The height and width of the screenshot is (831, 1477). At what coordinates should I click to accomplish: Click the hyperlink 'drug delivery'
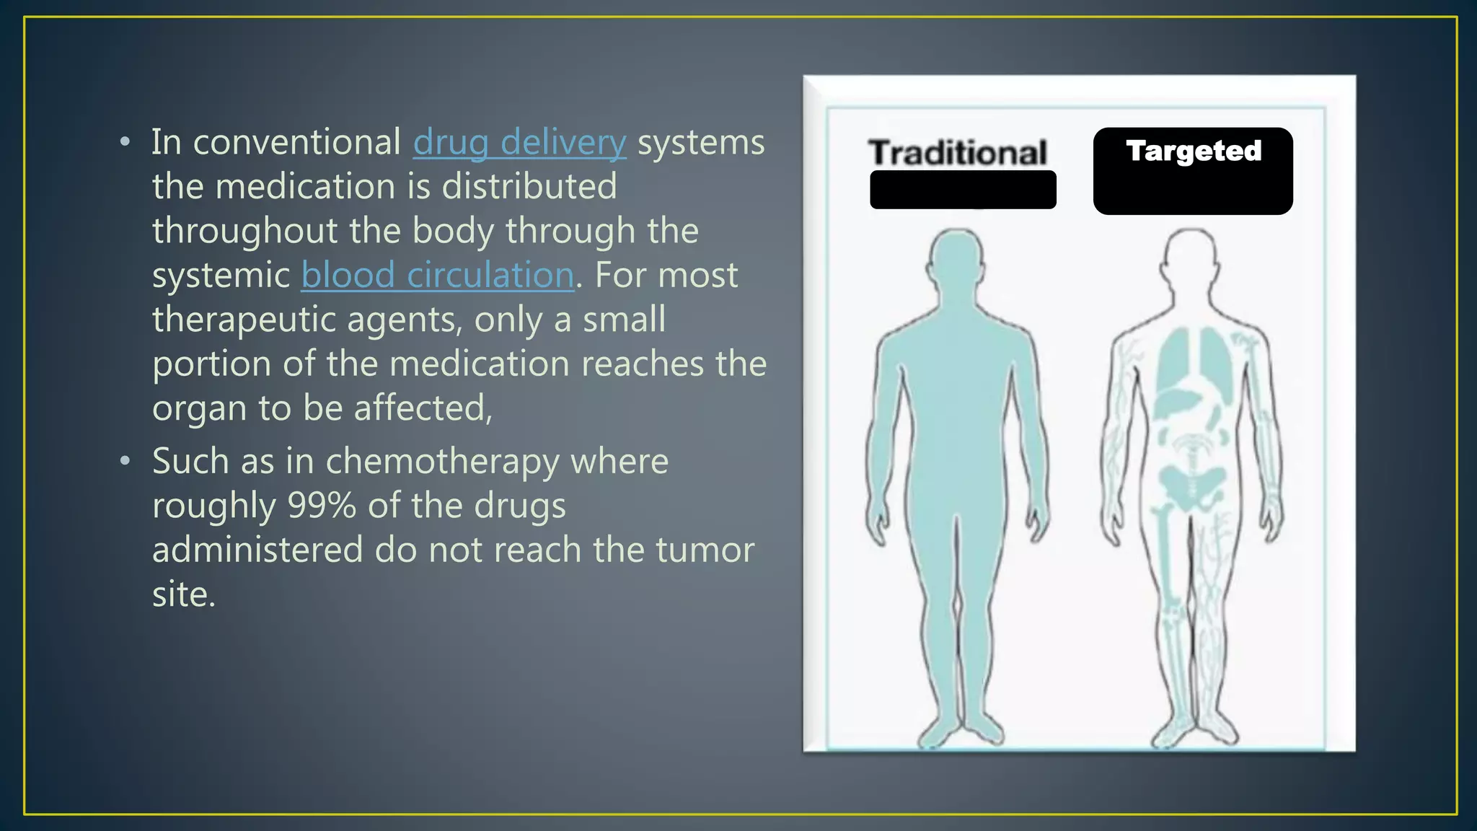coord(519,143)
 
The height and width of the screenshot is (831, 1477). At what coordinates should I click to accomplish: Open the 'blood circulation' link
coord(437,276)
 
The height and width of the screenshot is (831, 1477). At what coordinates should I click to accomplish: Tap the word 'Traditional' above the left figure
coord(958,153)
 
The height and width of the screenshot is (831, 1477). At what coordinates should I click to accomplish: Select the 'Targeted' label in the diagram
coord(1194,151)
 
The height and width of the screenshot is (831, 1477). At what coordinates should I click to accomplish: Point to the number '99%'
coord(322,506)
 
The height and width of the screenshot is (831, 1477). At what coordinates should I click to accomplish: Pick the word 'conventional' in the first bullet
coord(296,143)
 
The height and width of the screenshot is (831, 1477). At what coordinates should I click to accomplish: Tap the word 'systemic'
coord(221,276)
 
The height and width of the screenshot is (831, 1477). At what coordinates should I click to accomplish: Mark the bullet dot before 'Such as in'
coord(125,460)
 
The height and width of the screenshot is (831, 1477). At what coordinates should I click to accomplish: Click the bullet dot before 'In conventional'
coord(125,142)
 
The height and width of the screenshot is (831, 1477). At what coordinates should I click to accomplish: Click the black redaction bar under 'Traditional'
coord(963,190)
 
